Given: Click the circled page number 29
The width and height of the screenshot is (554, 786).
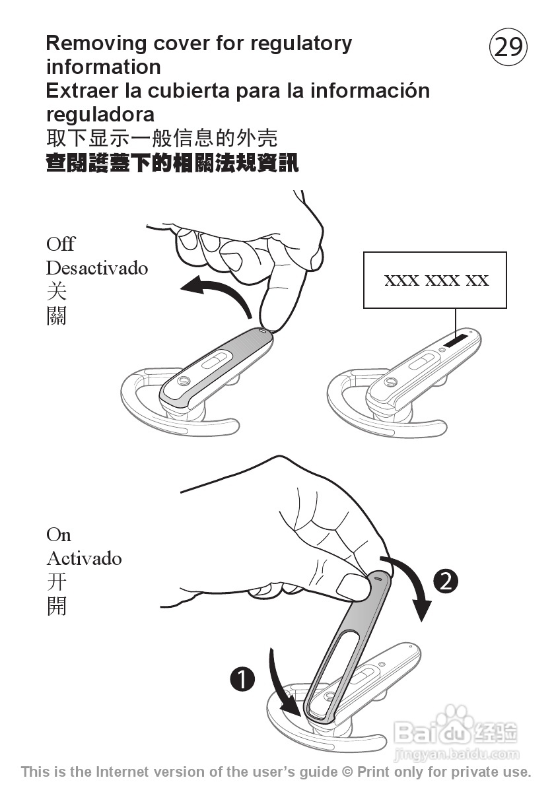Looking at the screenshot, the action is [508, 48].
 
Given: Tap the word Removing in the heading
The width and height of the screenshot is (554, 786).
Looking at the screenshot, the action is [96, 44].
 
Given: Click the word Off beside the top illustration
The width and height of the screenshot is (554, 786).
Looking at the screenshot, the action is [60, 244].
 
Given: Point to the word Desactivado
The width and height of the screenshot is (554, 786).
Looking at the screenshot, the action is [96, 268].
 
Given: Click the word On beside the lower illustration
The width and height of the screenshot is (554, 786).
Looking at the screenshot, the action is [58, 534].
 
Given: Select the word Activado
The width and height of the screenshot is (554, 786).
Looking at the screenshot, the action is [84, 558].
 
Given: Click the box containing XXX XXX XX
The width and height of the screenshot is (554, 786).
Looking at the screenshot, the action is [435, 280].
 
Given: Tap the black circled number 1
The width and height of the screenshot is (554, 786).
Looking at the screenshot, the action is [242, 678].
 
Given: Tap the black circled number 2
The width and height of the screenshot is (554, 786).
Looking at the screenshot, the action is [446, 581].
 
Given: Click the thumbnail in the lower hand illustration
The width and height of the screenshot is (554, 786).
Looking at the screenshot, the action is [351, 585].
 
